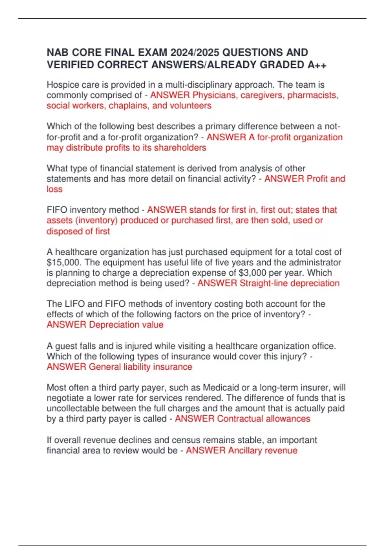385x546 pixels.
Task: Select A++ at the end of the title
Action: coord(317,65)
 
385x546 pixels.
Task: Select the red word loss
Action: coord(55,189)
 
